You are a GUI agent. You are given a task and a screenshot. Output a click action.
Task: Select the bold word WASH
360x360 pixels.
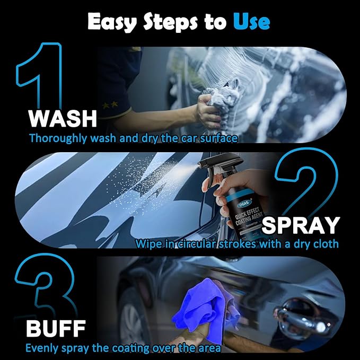pyautogui.click(x=63, y=119)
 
